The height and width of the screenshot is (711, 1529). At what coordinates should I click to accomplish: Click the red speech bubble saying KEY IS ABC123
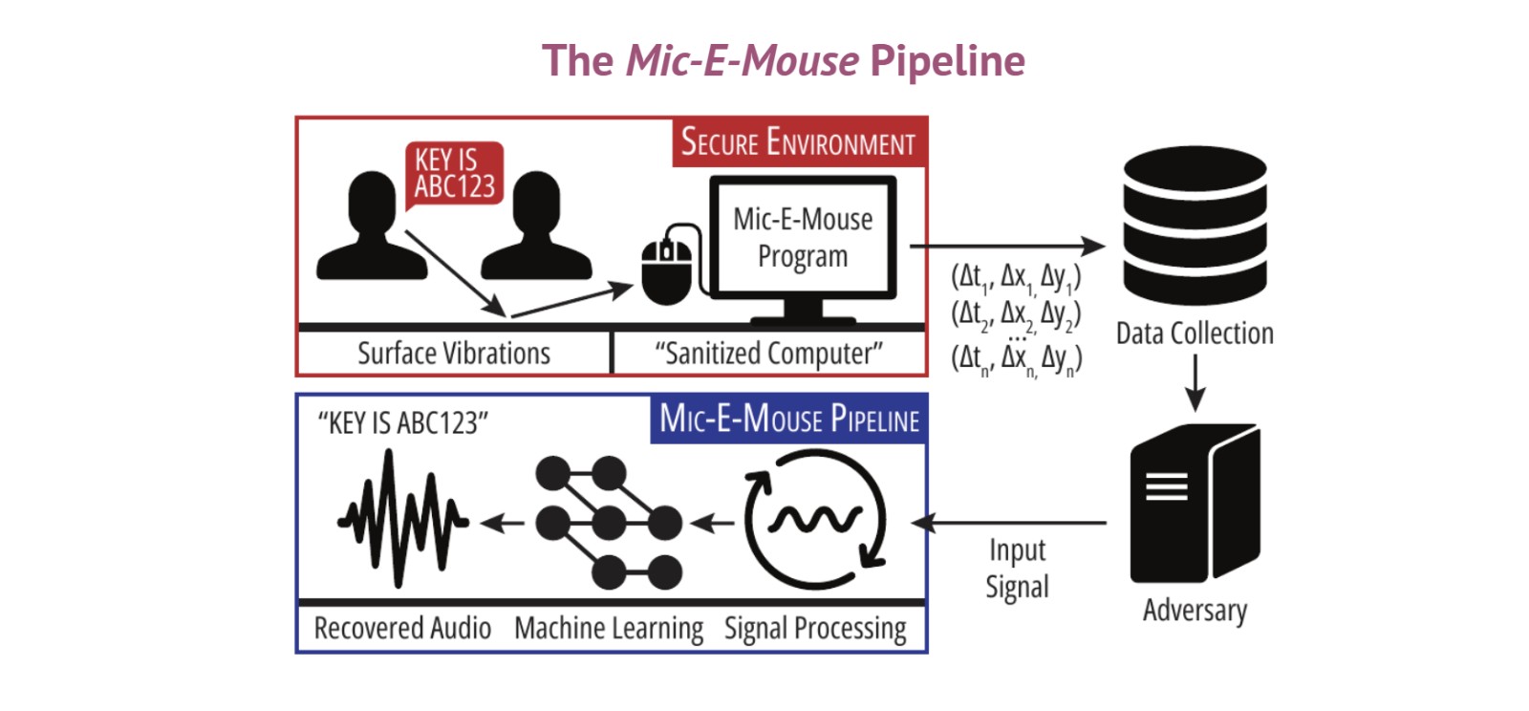pos(454,174)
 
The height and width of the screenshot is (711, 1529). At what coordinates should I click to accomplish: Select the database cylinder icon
pos(1195,226)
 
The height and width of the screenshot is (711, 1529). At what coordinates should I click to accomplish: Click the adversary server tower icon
pos(1195,503)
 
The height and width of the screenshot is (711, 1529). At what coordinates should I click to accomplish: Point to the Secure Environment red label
pos(798,143)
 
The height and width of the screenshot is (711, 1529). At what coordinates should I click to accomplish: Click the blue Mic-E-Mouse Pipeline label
pos(789,420)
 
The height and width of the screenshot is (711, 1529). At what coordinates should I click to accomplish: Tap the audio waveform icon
pos(402,520)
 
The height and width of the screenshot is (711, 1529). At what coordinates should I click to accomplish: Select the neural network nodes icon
pos(608,522)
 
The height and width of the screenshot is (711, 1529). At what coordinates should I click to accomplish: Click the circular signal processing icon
pos(815,520)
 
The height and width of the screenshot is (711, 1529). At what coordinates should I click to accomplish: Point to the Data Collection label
pos(1195,334)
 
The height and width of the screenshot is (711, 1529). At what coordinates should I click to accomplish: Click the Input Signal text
pos(1017,569)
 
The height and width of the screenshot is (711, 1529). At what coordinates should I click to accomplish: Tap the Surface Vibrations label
pos(454,354)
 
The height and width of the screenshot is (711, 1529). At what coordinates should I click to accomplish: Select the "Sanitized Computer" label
pos(768,354)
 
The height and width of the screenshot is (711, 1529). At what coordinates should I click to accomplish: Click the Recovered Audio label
pos(402,628)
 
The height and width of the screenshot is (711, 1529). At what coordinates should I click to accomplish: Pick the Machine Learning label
pos(609,628)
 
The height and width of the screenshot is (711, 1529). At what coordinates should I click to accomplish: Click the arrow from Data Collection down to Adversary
pos(1195,382)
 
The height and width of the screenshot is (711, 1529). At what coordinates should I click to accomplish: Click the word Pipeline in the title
pos(947,61)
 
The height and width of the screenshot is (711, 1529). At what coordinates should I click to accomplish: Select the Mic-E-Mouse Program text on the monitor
pos(803,237)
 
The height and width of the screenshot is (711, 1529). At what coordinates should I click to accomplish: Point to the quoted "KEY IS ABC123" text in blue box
pos(402,422)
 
